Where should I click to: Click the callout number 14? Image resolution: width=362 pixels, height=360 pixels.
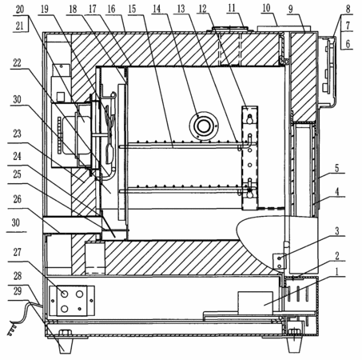click(157, 9)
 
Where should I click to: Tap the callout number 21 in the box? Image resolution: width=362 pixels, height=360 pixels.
click(19, 26)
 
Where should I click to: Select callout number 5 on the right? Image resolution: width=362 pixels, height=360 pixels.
click(337, 168)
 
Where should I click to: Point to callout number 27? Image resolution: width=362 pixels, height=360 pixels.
click(18, 252)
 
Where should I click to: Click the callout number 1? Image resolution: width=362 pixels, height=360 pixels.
click(337, 271)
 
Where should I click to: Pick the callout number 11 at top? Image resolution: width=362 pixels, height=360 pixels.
click(232, 8)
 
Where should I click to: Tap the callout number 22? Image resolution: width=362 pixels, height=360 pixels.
click(17, 63)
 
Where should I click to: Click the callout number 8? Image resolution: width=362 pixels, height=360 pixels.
click(348, 9)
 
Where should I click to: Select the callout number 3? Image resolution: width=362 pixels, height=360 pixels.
click(337, 231)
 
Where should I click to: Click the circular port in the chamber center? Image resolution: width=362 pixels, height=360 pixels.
click(204, 126)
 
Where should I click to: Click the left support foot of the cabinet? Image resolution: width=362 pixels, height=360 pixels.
click(66, 346)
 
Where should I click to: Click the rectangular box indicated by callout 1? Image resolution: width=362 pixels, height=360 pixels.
click(255, 302)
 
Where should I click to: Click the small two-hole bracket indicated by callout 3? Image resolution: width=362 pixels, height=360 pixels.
click(279, 262)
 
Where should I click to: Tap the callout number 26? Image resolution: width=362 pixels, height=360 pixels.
click(18, 199)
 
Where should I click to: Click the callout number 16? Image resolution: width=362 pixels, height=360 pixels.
click(111, 9)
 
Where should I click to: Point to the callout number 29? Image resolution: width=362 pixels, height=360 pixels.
click(18, 291)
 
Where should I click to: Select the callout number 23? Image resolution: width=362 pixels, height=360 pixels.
click(17, 134)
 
